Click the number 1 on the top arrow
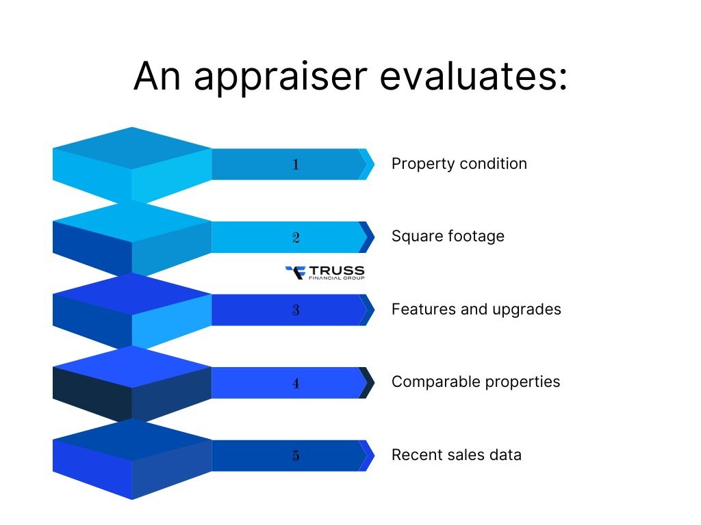tap(296, 164)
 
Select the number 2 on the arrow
tap(296, 237)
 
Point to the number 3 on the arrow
tap(296, 310)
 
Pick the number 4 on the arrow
tap(296, 383)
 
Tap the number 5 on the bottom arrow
tap(296, 455)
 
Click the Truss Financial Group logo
tap(324, 273)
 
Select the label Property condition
tap(459, 164)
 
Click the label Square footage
tap(448, 237)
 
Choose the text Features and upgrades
tap(476, 309)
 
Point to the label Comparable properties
tap(475, 381)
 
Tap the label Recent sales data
tap(456, 455)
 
